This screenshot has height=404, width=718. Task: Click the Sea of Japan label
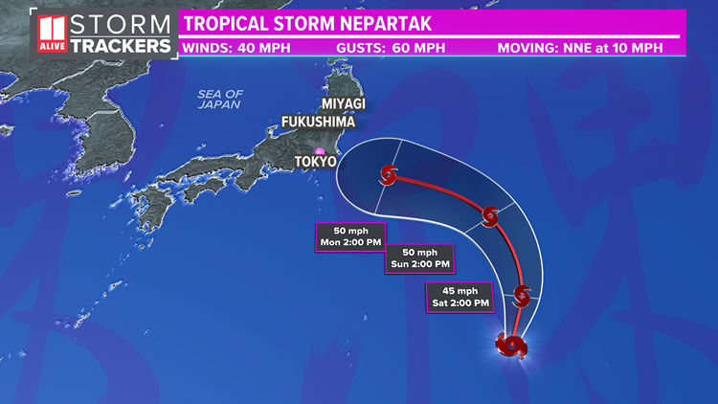tap(221, 99)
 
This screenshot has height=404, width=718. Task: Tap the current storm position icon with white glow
tap(510, 345)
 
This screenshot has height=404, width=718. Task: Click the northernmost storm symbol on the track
tap(389, 175)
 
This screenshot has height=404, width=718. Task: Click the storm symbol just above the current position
tap(522, 295)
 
